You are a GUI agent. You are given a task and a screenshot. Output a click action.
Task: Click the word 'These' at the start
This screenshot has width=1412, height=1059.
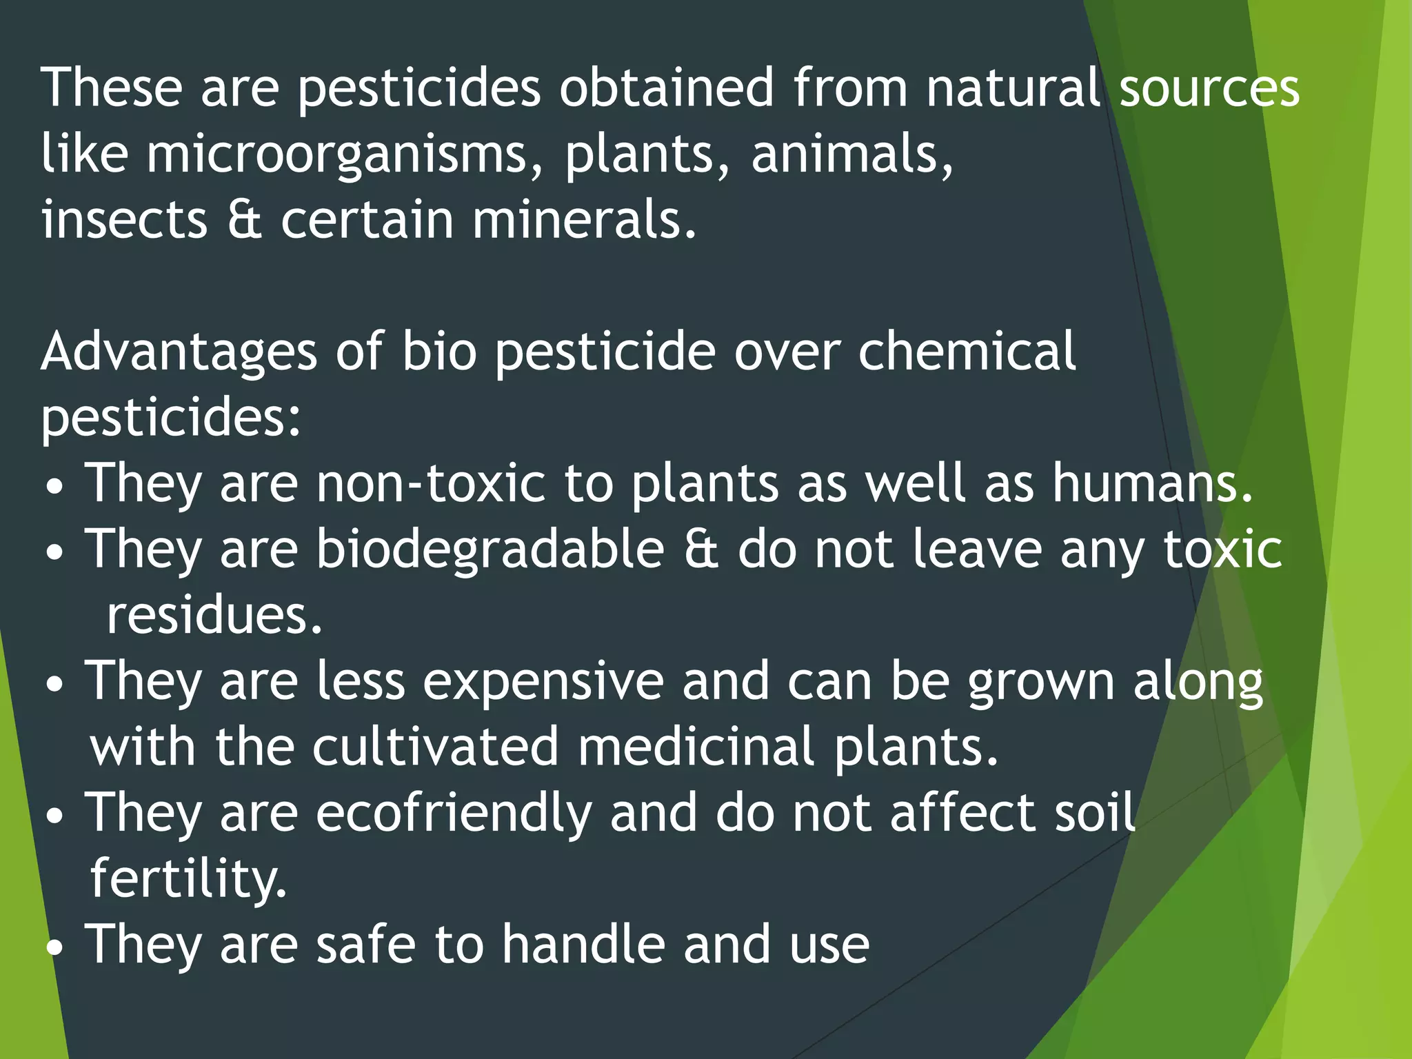point(111,88)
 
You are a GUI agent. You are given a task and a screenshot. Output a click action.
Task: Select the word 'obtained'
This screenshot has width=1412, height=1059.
point(666,88)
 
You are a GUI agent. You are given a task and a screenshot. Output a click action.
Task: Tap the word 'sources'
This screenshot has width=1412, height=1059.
point(1209,88)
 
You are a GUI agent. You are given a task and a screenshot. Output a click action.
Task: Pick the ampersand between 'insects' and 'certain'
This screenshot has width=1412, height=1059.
point(244,220)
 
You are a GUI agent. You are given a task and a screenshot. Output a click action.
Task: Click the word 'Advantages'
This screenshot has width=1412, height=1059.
point(179,352)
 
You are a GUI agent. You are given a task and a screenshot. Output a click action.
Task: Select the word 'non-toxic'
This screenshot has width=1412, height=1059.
point(431,483)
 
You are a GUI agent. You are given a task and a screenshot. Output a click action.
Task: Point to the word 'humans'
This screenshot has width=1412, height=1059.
point(1151,483)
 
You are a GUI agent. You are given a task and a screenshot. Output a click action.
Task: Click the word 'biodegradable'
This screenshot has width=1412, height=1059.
point(490,549)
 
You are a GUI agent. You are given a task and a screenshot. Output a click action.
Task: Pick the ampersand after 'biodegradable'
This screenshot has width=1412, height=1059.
point(701,549)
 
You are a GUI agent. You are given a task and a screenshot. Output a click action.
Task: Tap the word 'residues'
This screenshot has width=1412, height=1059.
point(214,615)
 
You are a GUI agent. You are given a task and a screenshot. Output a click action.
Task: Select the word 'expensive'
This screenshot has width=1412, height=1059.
point(543,681)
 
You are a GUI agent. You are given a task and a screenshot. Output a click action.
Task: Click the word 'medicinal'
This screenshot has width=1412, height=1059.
point(696,747)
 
